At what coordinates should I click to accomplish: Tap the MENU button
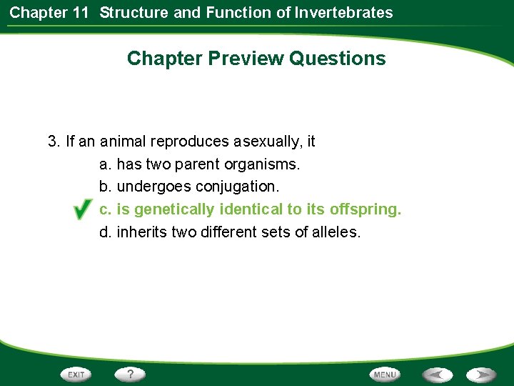(x=384, y=375)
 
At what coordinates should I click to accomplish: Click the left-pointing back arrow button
(x=437, y=375)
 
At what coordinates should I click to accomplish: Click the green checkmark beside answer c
(x=82, y=210)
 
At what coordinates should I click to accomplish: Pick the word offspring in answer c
(x=365, y=210)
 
